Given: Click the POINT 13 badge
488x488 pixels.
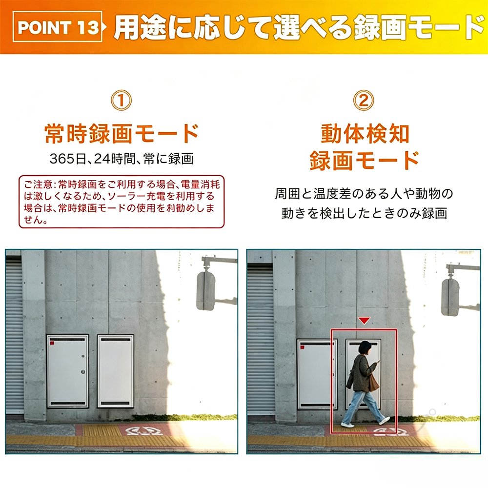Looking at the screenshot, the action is click(58, 27).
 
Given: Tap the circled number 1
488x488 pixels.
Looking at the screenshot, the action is click(121, 100).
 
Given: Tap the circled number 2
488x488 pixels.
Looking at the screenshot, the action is click(364, 100).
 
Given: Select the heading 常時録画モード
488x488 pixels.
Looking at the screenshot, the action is click(122, 133).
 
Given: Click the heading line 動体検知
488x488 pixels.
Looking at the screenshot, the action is click(365, 133).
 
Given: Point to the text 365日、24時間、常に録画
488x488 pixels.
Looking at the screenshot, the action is click(122, 159).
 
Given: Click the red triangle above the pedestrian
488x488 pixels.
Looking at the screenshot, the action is click(364, 321).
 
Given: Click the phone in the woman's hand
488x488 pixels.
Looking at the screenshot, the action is click(379, 362).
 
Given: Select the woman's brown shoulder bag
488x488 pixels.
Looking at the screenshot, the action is click(373, 382).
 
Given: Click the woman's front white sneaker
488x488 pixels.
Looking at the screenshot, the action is click(385, 421).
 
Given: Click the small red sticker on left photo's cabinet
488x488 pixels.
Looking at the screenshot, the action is click(52, 343).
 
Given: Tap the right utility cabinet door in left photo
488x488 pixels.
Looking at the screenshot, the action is click(116, 371).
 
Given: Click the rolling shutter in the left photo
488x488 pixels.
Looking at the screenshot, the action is click(14, 336).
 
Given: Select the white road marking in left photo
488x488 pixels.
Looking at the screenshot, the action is click(144, 431).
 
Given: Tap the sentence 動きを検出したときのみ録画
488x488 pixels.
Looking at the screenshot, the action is click(364, 213).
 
